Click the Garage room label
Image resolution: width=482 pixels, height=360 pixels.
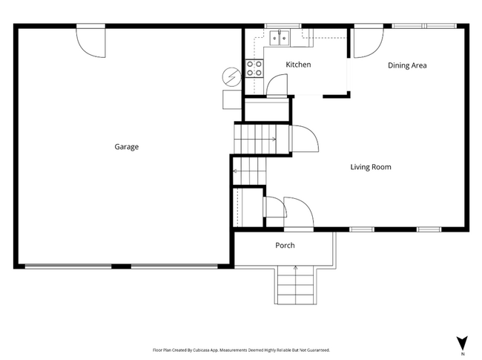[x=126, y=147]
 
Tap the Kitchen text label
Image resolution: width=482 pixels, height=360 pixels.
[x=298, y=65]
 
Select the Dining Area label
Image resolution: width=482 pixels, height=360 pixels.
[x=407, y=65]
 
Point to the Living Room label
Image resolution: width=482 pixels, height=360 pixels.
[x=370, y=167]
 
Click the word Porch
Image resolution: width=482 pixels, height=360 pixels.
[x=285, y=246]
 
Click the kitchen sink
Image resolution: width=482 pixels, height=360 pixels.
[x=280, y=37]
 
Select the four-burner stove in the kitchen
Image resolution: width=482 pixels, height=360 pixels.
[x=254, y=68]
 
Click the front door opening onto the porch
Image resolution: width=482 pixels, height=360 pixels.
[x=298, y=214]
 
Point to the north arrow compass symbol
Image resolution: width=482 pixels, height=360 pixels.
[x=463, y=344]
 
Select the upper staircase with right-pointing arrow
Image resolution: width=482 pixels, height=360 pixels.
[x=255, y=138]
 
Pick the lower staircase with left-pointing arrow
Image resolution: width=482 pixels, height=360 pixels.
[x=249, y=170]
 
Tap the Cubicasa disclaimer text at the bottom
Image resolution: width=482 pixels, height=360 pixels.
[x=241, y=349]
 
